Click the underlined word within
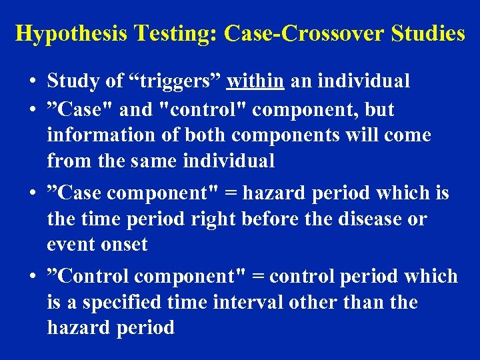pyautogui.click(x=256, y=81)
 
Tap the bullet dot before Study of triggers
pyautogui.click(x=33, y=83)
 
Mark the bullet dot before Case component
pyautogui.click(x=33, y=194)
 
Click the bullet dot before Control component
pyautogui.click(x=33, y=277)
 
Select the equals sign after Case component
pyautogui.click(x=233, y=194)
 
